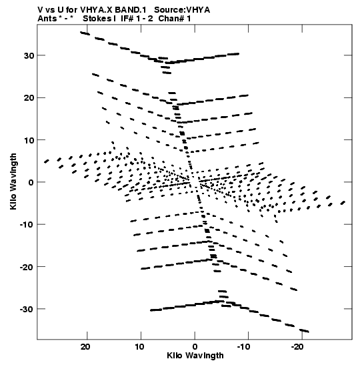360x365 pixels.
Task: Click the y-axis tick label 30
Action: point(29,56)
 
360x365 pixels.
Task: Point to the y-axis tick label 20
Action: point(29,98)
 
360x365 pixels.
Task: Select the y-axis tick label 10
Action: point(29,140)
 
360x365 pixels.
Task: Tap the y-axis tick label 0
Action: point(31,183)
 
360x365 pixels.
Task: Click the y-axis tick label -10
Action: point(27,225)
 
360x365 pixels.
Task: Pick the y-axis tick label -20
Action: point(27,267)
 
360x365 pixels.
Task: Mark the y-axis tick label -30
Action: point(27,309)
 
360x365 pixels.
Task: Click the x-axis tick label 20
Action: point(85,347)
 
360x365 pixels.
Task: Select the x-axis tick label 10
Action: point(139,347)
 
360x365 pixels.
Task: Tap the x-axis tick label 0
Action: point(195,347)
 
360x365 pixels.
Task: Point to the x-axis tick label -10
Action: point(243,347)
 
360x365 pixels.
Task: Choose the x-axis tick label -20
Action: point(297,347)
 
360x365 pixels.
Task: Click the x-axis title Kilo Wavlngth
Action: point(195,356)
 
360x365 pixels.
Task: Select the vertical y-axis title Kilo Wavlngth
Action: point(13,181)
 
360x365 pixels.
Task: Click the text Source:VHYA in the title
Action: point(182,10)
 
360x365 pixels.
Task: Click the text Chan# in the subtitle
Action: point(172,19)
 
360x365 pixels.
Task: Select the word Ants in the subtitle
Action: point(47,19)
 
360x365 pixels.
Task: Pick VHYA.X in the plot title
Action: point(96,10)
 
